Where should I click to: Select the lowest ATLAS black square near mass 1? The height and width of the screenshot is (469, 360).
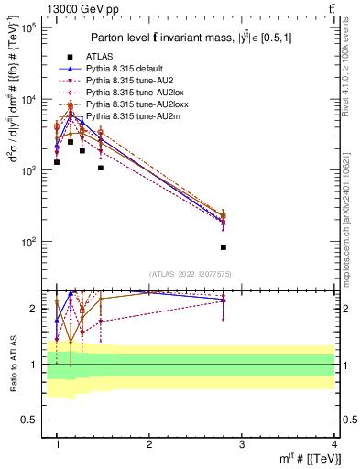coord(57,162)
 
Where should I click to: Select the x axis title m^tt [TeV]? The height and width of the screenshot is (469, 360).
coord(309,459)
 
